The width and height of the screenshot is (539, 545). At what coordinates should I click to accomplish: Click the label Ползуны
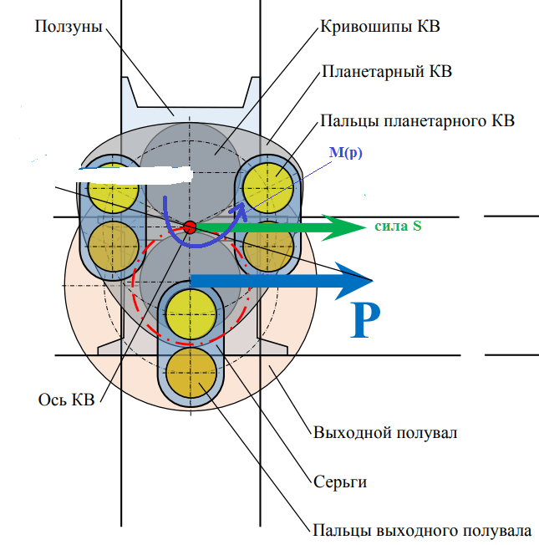(x=69, y=27)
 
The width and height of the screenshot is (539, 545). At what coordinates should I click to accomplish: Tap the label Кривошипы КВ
(x=380, y=26)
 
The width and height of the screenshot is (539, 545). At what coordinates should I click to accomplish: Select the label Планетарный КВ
(x=387, y=71)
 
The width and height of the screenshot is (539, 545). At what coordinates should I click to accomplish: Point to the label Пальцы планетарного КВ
(x=417, y=121)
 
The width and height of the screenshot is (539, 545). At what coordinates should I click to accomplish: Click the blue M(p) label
(x=345, y=153)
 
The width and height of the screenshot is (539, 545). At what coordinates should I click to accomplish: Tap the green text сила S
(x=399, y=226)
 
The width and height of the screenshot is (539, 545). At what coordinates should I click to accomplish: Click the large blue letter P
(x=365, y=320)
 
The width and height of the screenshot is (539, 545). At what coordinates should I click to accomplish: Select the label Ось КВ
(x=66, y=400)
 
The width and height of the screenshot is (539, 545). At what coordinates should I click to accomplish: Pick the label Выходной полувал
(x=385, y=433)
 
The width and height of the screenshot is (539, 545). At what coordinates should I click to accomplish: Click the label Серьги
(x=340, y=481)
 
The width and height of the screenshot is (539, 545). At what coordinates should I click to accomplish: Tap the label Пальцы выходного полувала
(x=422, y=531)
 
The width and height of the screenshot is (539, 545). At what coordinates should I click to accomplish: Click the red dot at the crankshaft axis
(x=190, y=227)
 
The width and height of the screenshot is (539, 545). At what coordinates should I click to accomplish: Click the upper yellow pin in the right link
(x=268, y=188)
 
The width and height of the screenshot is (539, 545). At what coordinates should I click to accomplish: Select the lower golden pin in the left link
(x=114, y=247)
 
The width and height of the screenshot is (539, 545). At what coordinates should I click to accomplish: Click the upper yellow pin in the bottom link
(x=191, y=314)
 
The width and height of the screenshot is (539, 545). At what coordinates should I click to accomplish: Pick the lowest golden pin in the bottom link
(x=191, y=373)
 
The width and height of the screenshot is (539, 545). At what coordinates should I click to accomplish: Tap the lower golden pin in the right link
(x=268, y=247)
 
